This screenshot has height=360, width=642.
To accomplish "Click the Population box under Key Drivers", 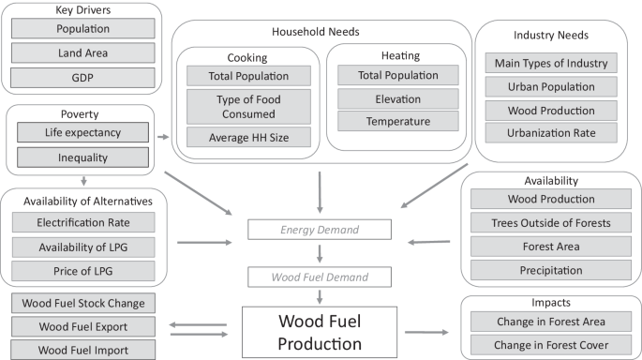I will [x=82, y=28].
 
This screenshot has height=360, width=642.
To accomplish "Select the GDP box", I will [x=82, y=77].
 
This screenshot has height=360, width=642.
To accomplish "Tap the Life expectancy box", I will [x=82, y=132].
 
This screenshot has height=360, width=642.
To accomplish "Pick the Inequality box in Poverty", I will [x=82, y=157].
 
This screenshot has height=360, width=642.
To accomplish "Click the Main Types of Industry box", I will [x=552, y=64].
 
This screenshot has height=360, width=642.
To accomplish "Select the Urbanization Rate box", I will [x=552, y=132].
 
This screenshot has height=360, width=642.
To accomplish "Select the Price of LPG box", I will [x=82, y=272].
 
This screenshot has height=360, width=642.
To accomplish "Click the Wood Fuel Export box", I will [x=82, y=327].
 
